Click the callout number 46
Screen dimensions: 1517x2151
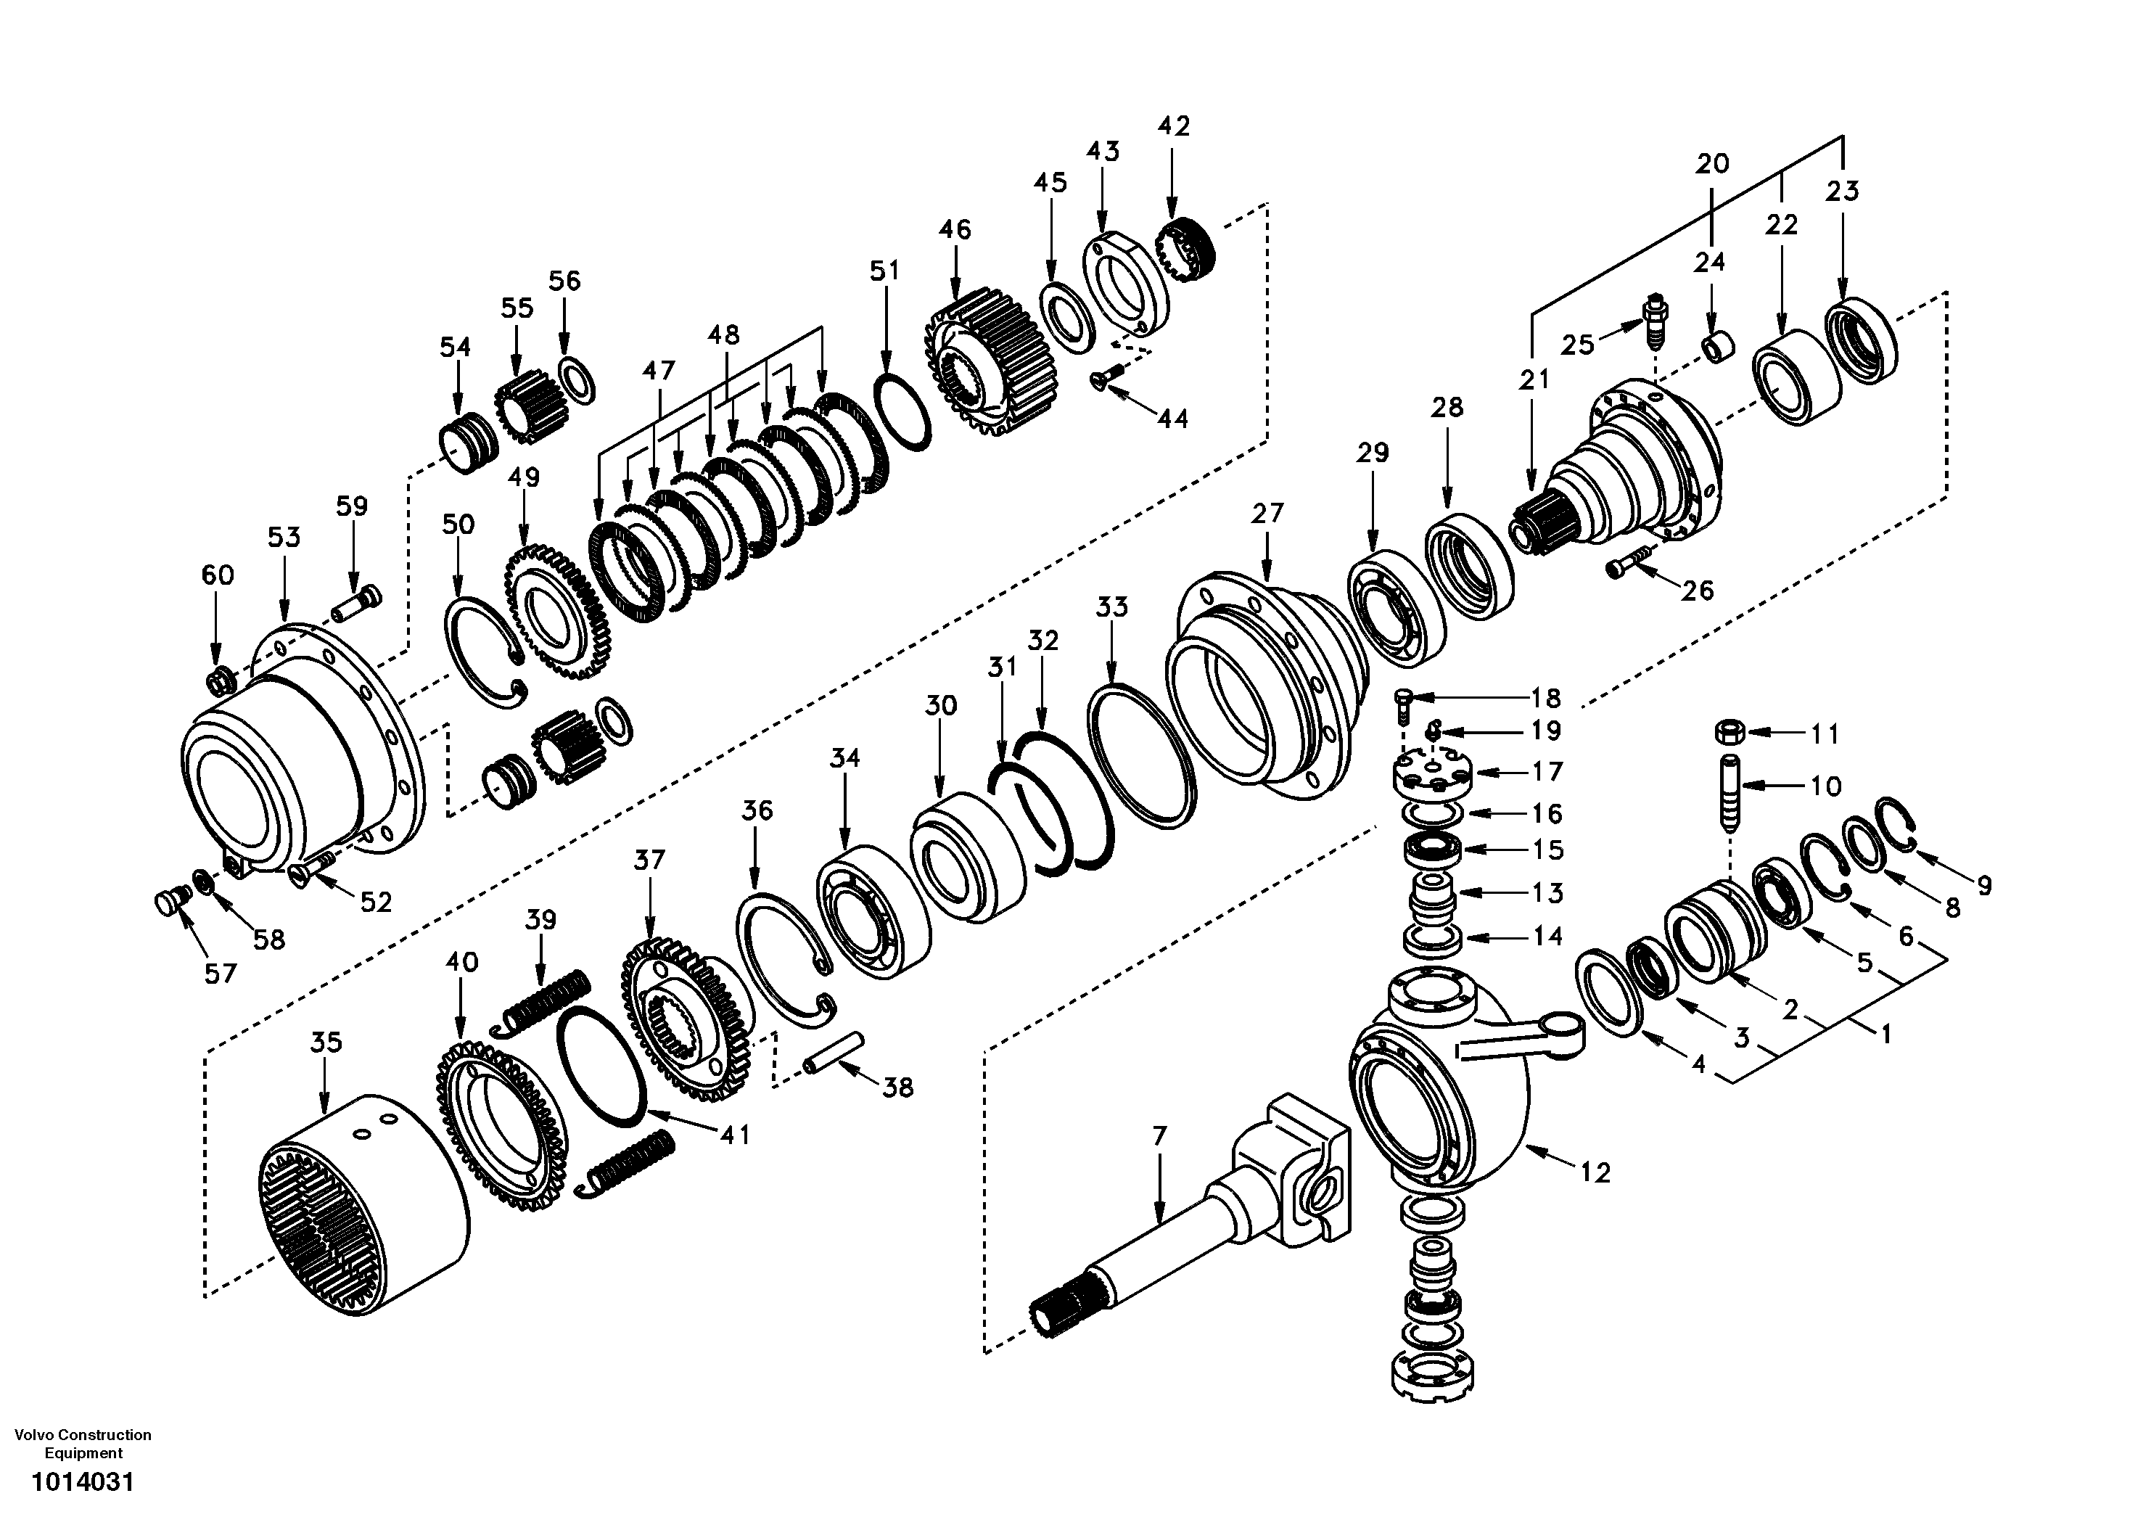955,229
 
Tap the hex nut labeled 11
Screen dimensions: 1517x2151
1730,730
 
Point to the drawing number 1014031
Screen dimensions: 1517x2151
83,1482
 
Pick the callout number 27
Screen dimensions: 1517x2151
1267,514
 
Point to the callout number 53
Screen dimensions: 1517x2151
284,538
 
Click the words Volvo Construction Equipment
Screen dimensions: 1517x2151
83,1443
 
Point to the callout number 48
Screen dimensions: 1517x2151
723,334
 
